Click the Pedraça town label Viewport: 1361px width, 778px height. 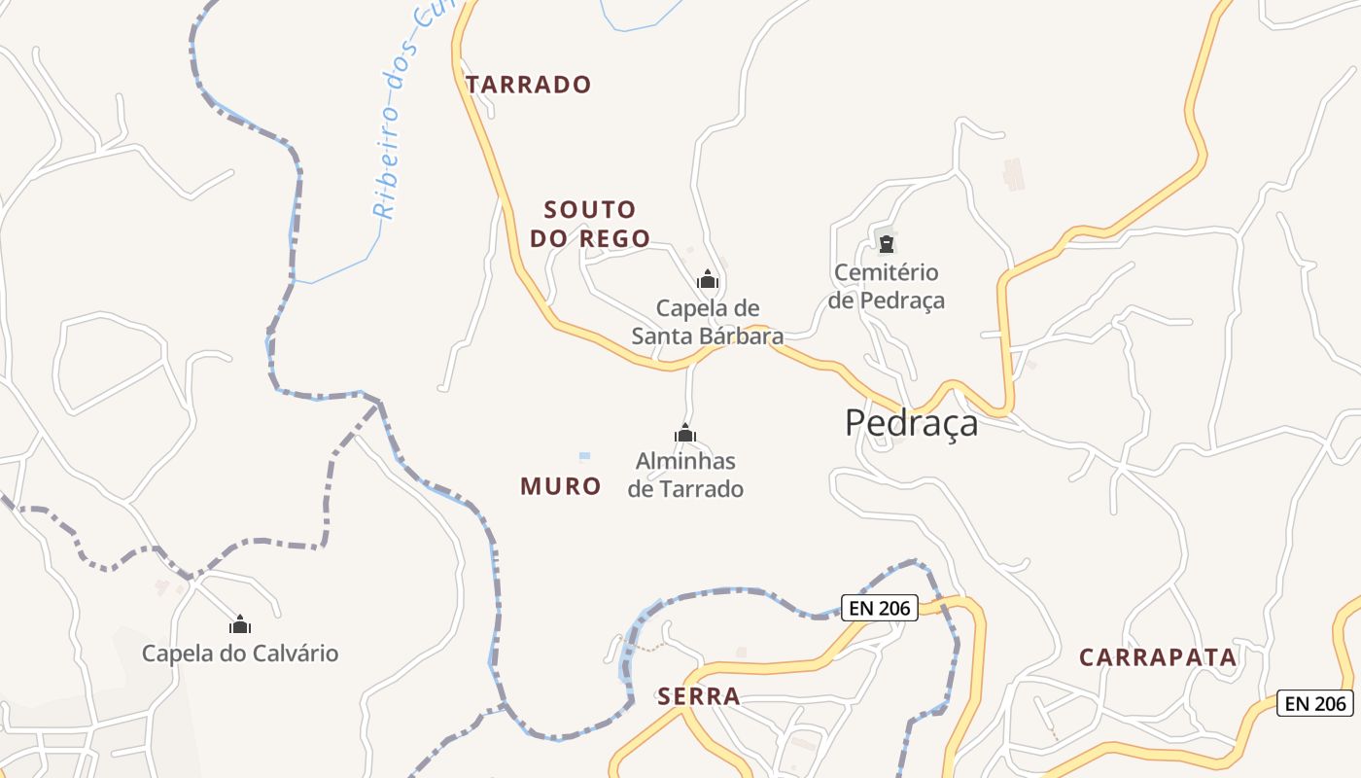tap(911, 423)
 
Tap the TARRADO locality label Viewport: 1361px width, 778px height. tap(528, 85)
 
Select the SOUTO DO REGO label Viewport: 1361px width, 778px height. tap(590, 224)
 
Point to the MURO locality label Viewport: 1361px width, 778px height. tap(561, 486)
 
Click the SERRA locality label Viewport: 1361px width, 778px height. tap(699, 696)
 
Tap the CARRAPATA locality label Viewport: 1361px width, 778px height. tap(1158, 657)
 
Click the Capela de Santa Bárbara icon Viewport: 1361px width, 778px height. tap(708, 280)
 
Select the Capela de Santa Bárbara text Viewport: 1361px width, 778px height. tap(708, 323)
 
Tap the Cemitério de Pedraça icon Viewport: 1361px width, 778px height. tap(886, 243)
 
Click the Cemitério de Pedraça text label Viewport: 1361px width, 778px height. tap(886, 286)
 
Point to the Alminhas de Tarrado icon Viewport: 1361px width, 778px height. tap(684, 433)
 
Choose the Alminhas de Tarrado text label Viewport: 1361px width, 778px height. tap(685, 475)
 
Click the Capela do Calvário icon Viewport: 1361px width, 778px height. tap(240, 624)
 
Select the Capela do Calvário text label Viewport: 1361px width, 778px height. tap(240, 653)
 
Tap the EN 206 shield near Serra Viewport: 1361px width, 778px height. tap(879, 609)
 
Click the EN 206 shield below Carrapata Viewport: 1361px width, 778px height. tap(1314, 703)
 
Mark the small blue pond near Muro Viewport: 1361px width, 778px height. tap(584, 456)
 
